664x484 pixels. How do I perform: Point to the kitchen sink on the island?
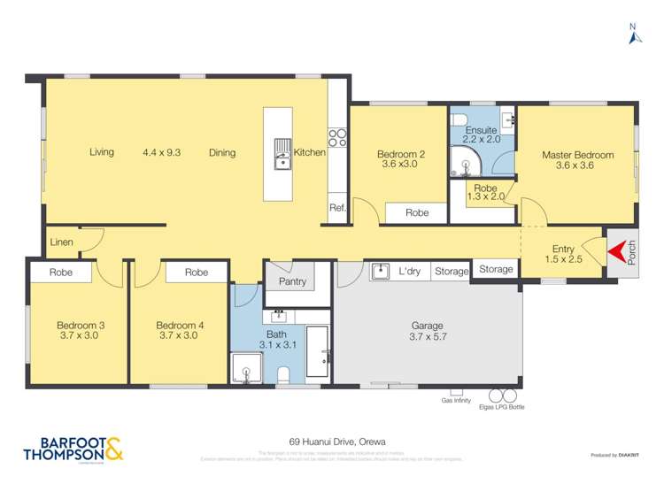tap(282, 153)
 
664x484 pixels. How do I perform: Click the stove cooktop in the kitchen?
tap(337, 137)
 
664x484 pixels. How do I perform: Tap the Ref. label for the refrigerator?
tap(336, 208)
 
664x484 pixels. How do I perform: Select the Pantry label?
tap(292, 281)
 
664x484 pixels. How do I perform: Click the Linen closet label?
tap(62, 242)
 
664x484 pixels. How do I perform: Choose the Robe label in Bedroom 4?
tap(197, 273)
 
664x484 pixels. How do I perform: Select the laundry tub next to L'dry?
tap(380, 271)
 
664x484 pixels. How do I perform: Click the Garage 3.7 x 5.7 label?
tap(426, 330)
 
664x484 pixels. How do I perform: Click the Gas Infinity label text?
tap(455, 401)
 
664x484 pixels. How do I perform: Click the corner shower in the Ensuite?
tap(462, 159)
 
